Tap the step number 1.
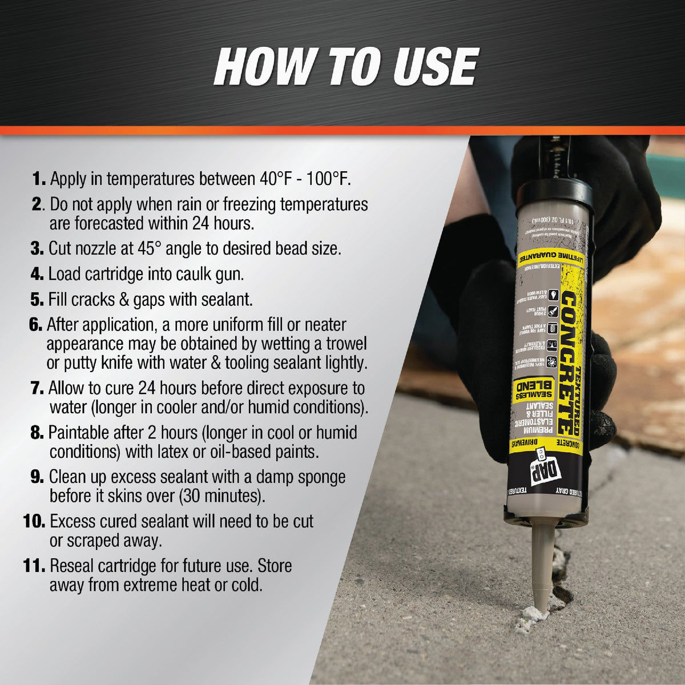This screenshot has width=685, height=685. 38,179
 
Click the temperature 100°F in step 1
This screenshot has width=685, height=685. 321,178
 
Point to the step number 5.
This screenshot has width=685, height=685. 37,299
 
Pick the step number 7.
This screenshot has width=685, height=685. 37,389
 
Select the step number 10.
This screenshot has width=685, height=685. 35,521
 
